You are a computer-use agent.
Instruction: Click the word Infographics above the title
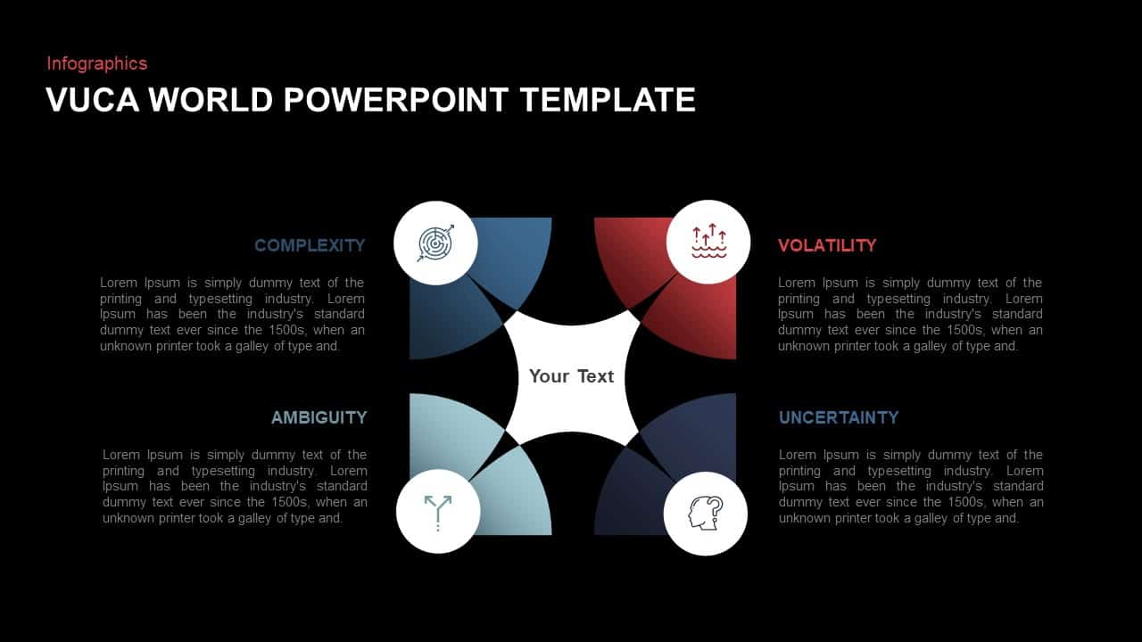click(96, 63)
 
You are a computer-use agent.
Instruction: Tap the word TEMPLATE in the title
click(607, 100)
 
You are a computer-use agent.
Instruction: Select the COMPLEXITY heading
click(310, 245)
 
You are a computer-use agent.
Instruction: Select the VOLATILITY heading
click(827, 245)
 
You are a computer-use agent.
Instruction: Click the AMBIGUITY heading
click(319, 417)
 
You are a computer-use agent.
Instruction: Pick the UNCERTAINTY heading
click(839, 417)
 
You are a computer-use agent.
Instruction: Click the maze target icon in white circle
click(435, 243)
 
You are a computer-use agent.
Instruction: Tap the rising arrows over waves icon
click(709, 243)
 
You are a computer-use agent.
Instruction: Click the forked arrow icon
click(438, 512)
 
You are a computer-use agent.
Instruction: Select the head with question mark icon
click(705, 513)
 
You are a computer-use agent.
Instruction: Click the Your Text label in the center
click(571, 376)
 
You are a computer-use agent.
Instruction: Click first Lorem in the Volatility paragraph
click(798, 283)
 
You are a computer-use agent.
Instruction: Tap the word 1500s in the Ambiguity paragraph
click(296, 502)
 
